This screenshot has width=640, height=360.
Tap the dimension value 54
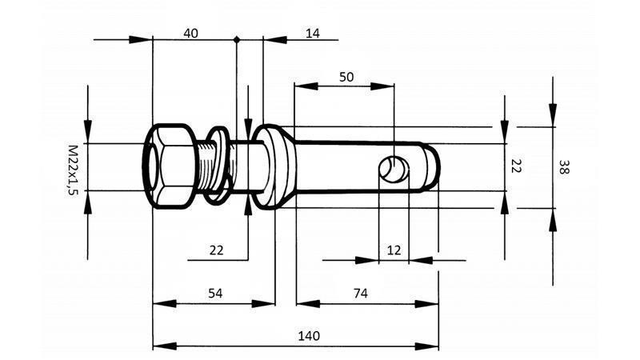click(x=215, y=294)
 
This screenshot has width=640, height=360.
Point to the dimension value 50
click(x=346, y=77)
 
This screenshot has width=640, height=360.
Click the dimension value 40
click(x=190, y=33)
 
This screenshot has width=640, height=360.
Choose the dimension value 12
click(x=394, y=250)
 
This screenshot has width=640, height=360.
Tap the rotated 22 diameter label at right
click(x=516, y=167)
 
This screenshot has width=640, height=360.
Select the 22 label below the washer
click(x=216, y=250)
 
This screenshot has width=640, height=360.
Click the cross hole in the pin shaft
click(x=394, y=169)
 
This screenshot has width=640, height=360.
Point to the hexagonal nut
click(x=170, y=167)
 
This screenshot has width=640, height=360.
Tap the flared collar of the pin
click(x=276, y=166)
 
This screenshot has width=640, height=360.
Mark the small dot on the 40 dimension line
click(x=236, y=38)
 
